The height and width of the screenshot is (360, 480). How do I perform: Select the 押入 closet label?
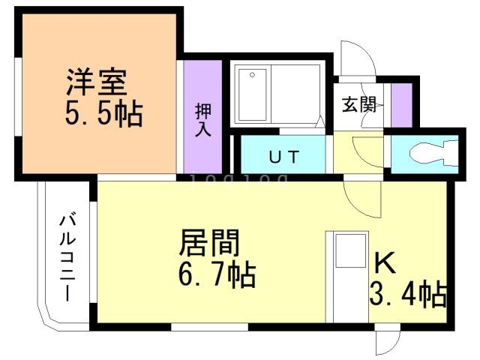pos(203,119)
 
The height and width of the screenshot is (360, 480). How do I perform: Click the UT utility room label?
pos(284,157)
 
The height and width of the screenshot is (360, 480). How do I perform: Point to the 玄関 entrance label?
pos(359,105)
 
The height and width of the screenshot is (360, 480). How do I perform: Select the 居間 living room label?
pos(209,244)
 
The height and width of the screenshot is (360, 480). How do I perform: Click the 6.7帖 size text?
pos(217,275)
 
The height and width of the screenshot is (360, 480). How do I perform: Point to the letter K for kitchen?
pos(385,263)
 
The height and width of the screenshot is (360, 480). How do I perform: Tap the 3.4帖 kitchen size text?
pos(408,293)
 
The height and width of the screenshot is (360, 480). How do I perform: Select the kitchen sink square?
pos(349,251)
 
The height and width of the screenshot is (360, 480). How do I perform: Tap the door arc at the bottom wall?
pos(385,343)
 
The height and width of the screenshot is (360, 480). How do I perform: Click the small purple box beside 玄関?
pos(401,104)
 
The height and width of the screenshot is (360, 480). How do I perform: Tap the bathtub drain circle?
pos(253,74)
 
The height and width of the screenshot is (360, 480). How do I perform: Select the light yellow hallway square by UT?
pos(348,154)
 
